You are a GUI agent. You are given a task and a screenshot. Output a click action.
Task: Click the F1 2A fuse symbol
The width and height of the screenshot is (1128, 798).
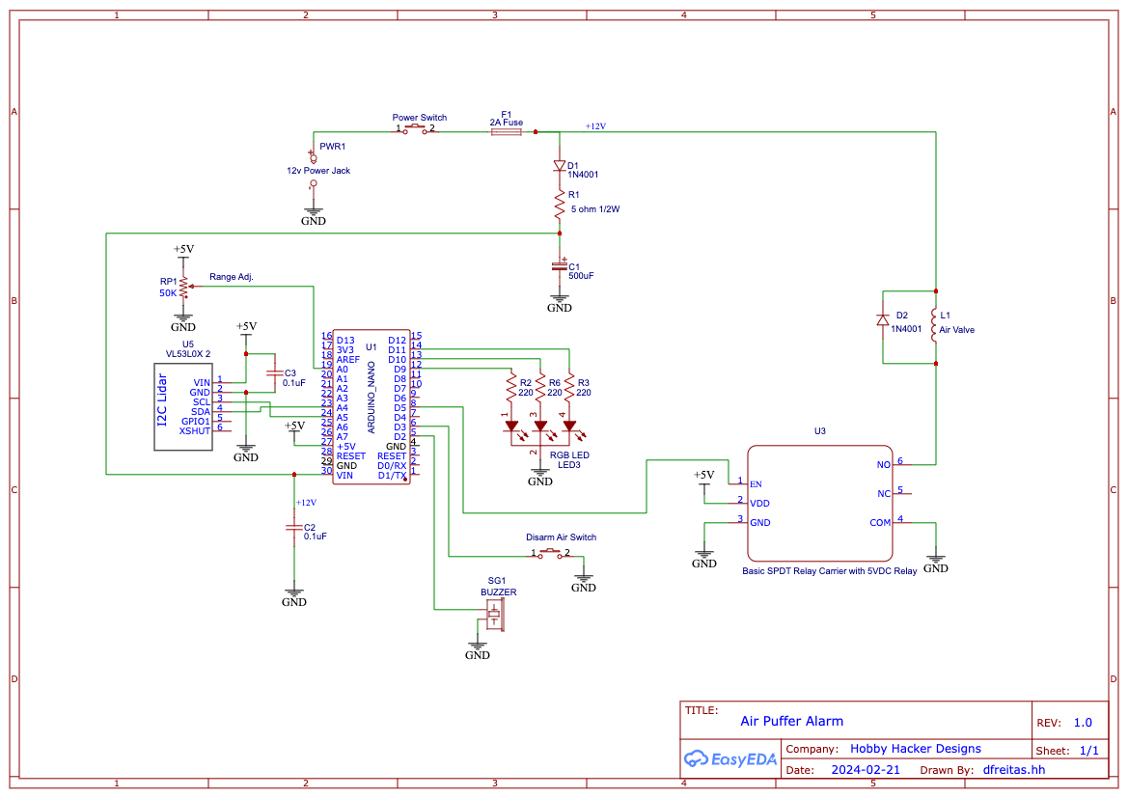coord(507,131)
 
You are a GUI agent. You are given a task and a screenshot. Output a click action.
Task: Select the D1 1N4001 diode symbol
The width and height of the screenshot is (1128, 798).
coord(560,166)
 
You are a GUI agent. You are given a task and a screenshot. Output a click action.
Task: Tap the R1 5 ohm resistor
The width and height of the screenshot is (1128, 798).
coord(560,206)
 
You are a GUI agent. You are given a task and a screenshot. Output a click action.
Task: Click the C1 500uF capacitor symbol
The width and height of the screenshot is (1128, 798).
coord(560,266)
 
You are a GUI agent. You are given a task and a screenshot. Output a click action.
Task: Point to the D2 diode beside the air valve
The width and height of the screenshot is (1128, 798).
coord(883,320)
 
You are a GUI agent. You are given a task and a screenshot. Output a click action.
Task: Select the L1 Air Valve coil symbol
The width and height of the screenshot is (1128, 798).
coord(934,327)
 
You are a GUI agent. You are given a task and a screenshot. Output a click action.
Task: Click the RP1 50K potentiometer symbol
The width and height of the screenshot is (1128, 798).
coord(185,287)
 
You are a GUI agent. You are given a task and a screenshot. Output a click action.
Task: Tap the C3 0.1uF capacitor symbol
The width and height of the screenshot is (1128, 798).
coord(274,372)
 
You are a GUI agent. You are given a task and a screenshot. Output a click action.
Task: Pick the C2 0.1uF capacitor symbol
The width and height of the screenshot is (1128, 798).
coord(293,528)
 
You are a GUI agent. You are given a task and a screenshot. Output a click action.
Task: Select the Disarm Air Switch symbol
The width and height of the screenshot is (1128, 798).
coord(550,553)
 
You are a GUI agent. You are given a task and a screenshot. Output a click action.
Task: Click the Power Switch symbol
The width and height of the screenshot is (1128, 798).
coord(415,128)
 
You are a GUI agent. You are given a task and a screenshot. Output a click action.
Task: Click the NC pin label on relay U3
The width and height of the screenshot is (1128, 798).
coord(884,494)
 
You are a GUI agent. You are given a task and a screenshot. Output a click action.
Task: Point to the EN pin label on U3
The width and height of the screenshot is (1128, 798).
coord(756,484)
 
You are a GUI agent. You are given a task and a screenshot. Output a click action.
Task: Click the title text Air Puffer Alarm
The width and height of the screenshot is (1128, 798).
coord(791,721)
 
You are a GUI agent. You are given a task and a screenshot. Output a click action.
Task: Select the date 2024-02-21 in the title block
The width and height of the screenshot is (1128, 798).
coord(866,770)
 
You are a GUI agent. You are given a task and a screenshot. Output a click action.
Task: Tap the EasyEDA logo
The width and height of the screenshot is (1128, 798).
coord(729,758)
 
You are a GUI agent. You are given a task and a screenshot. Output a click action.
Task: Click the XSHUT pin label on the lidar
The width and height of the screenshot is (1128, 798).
coord(194,431)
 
